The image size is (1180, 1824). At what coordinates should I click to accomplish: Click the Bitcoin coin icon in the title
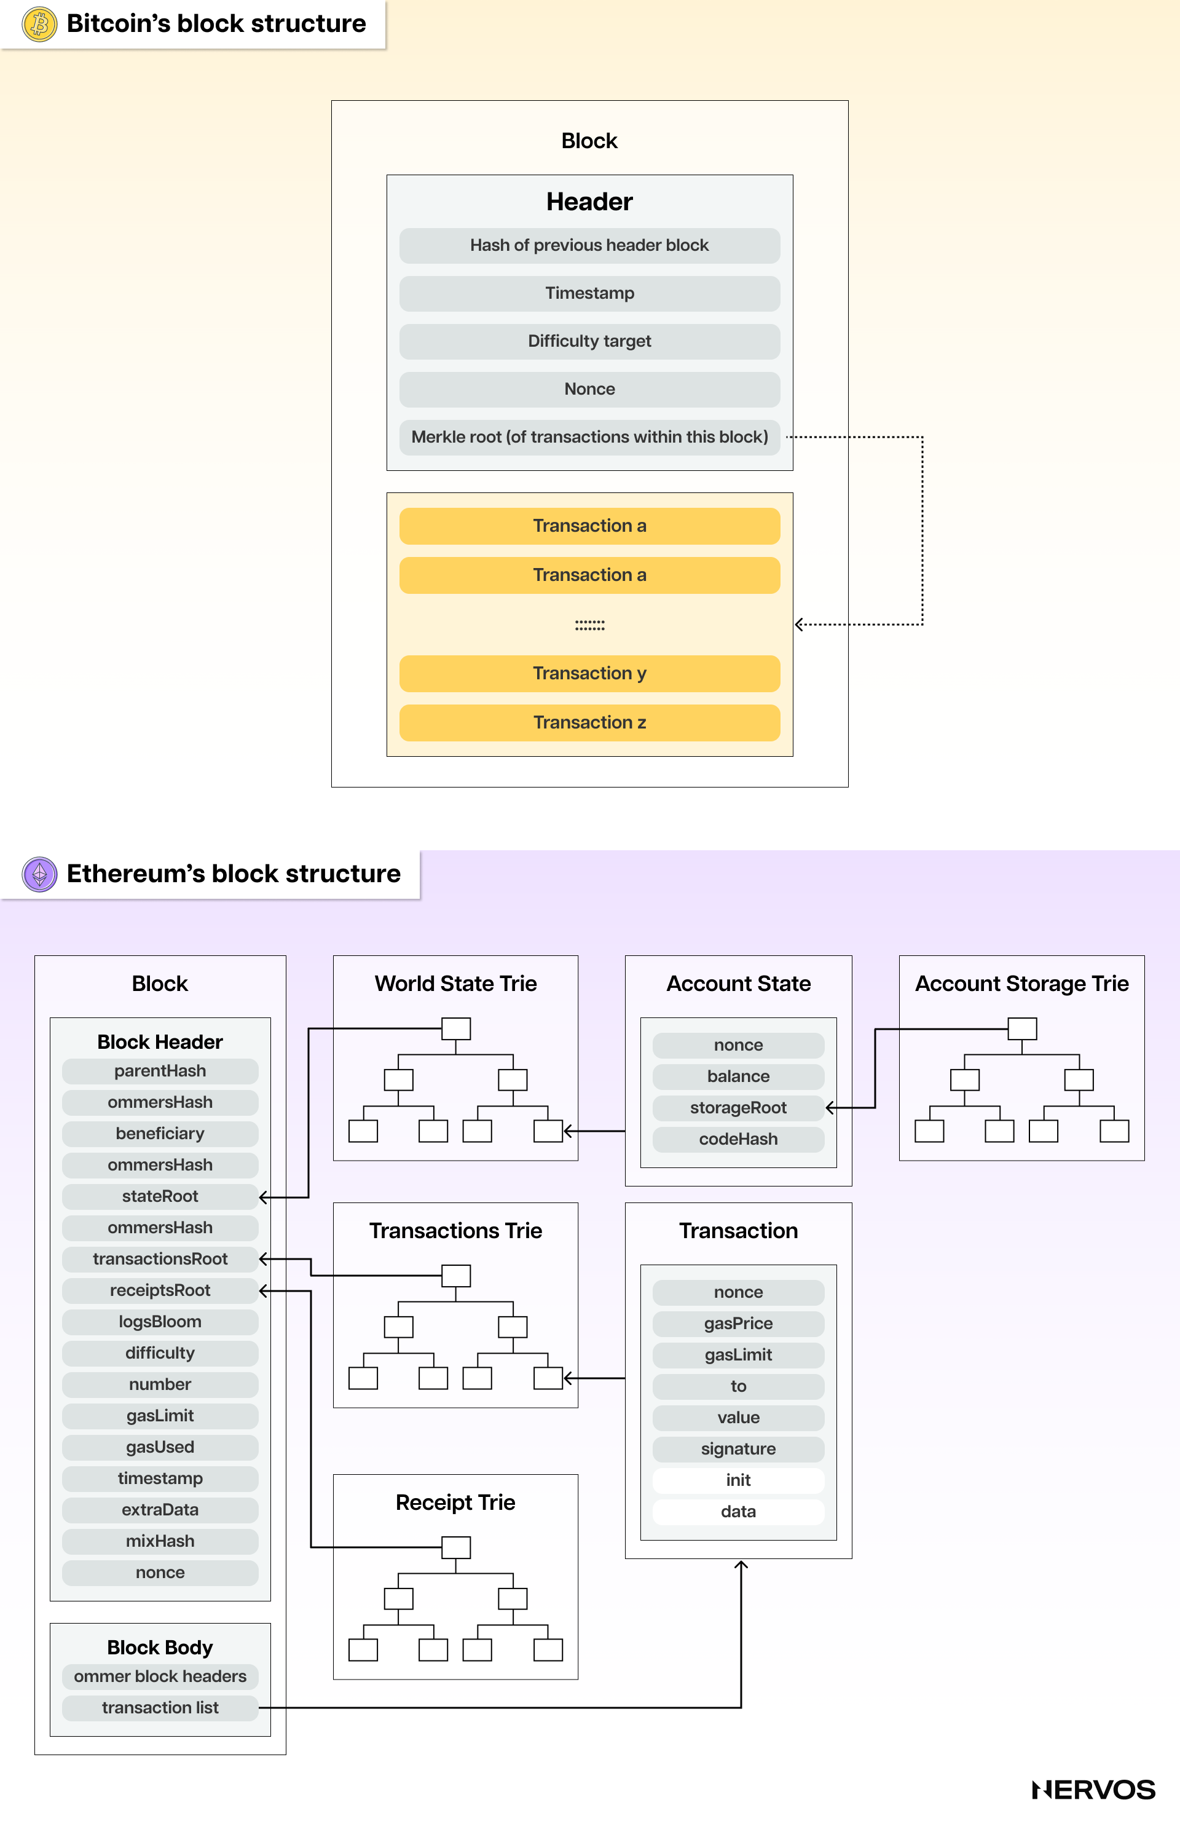[40, 24]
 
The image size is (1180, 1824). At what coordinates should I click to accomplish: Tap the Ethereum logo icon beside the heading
[40, 874]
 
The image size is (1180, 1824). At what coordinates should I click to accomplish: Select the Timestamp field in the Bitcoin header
[589, 293]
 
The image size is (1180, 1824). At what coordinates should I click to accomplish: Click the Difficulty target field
[589, 341]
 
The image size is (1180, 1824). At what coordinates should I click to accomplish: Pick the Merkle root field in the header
[589, 437]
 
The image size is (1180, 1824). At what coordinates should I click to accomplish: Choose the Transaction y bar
[589, 673]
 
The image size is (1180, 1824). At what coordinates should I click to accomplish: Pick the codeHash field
[738, 1139]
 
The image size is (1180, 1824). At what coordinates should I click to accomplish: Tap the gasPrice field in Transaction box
[738, 1324]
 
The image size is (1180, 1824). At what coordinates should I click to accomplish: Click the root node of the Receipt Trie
[456, 1547]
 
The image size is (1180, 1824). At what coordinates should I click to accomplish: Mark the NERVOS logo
[1093, 1790]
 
